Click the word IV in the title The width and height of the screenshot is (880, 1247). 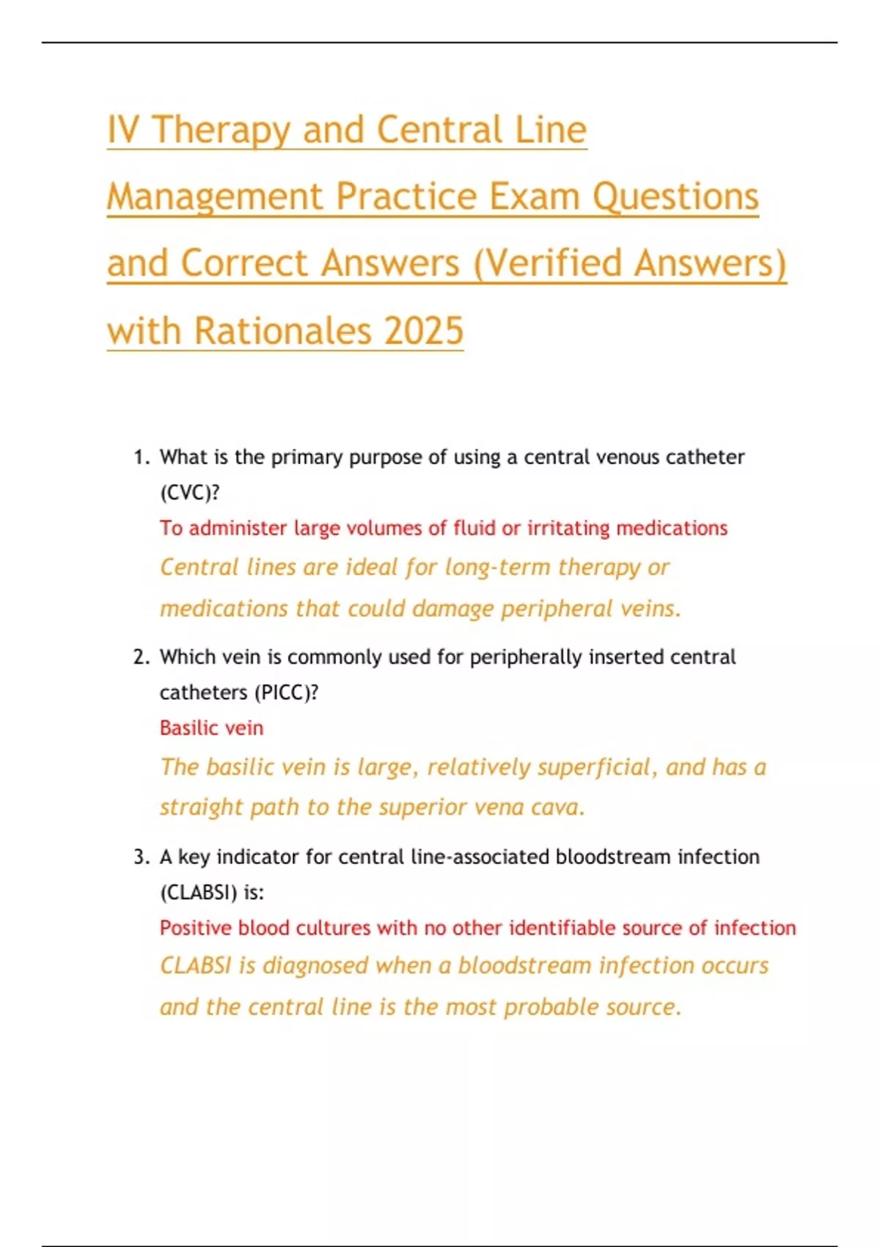click(124, 131)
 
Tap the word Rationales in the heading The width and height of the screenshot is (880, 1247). click(283, 331)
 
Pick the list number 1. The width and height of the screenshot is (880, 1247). click(141, 458)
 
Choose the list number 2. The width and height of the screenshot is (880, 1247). click(141, 657)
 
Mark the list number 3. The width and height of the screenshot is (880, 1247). click(141, 857)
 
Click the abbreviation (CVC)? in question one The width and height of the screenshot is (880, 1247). click(190, 493)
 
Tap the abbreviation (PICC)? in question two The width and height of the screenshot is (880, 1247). click(286, 692)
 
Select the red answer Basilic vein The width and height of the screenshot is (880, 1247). click(211, 728)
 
